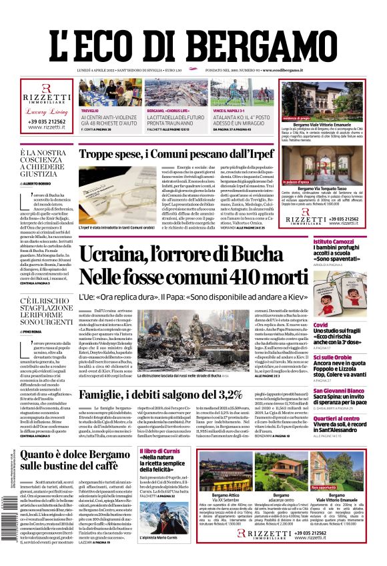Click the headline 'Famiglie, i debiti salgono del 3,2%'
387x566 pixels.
coord(160,394)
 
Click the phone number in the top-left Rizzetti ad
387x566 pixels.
coord(47,122)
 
